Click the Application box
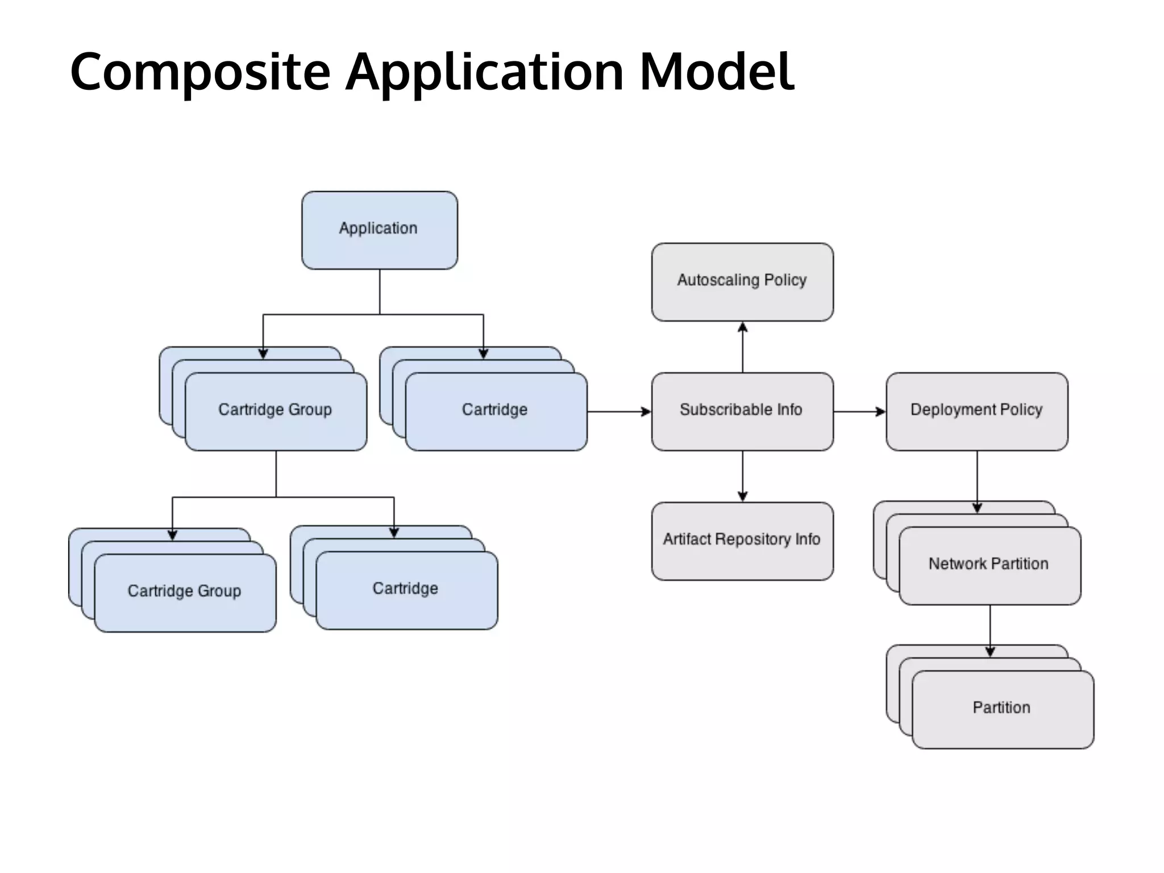[x=379, y=230]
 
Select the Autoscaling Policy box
[x=742, y=281]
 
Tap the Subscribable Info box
[x=742, y=411]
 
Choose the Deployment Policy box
[x=976, y=411]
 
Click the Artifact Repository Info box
[x=742, y=541]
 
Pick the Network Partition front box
[x=989, y=565]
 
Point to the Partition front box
[x=1002, y=709]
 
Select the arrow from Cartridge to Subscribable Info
[x=619, y=411]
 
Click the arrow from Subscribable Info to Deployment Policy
[x=859, y=411]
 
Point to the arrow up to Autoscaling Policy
[x=742, y=347]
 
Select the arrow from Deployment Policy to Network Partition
[x=977, y=481]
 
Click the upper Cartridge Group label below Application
[x=275, y=410]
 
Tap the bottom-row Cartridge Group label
[x=184, y=591]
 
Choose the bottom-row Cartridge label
[x=405, y=589]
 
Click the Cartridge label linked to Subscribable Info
[x=494, y=410]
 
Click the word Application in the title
[x=485, y=72]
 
